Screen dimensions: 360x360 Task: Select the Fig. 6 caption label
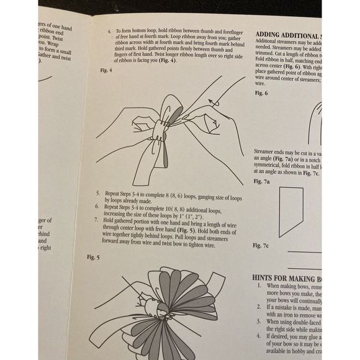click(x=262, y=92)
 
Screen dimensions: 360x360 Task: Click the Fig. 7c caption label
click(x=262, y=246)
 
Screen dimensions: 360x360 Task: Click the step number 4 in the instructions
click(x=109, y=29)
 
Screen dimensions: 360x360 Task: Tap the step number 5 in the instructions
click(x=99, y=194)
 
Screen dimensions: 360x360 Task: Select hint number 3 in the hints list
click(x=259, y=322)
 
